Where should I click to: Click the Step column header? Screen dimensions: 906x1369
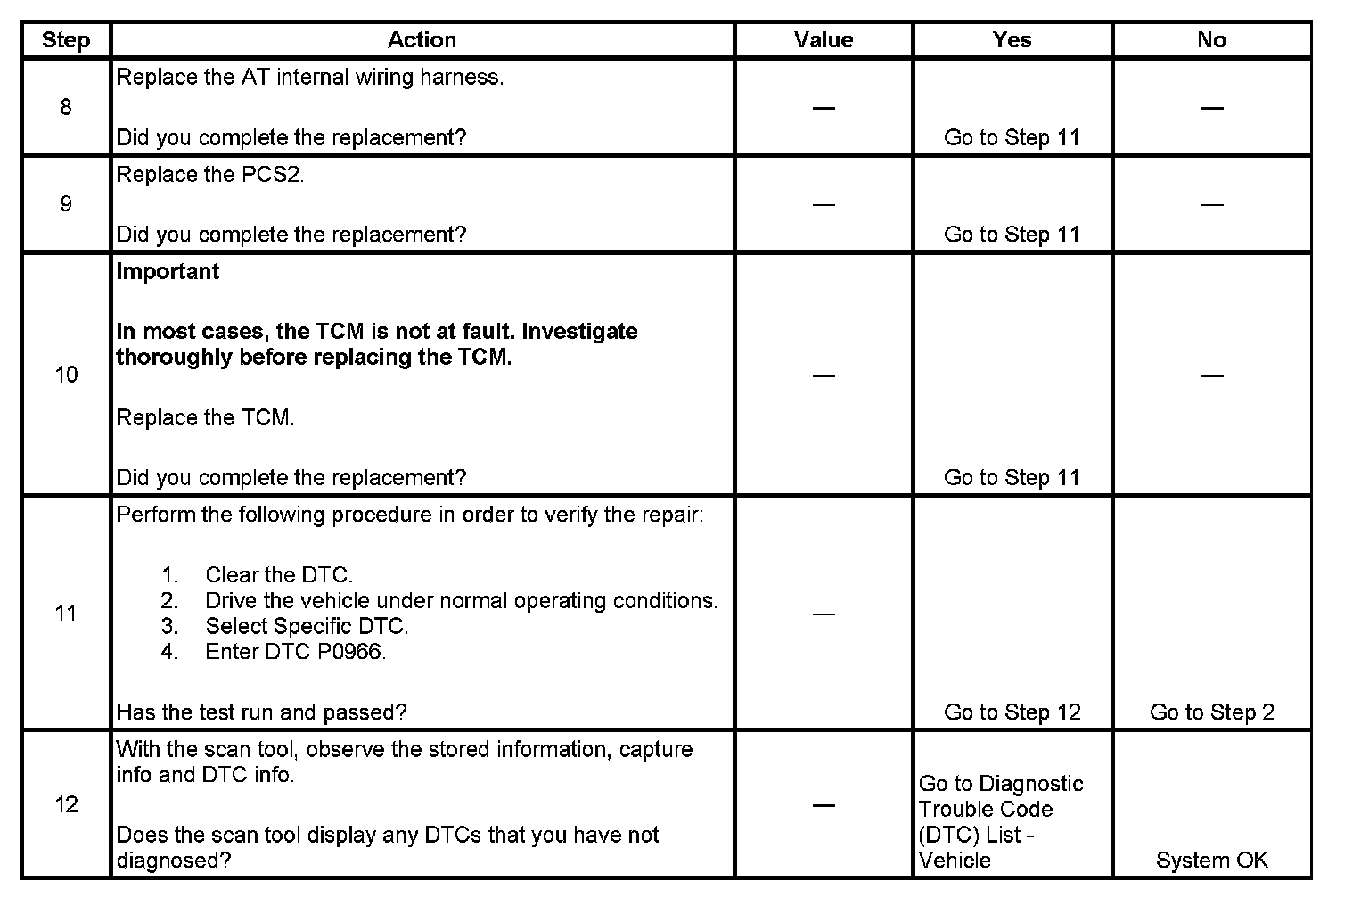pos(66,40)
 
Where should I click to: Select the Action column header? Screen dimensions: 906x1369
pos(422,40)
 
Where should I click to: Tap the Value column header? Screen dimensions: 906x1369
pos(824,40)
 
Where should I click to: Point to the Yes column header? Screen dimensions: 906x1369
pos(1012,40)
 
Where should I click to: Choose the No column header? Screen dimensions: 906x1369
pos(1211,40)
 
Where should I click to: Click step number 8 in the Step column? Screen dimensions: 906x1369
pos(66,108)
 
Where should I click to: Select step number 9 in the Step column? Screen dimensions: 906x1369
pos(66,204)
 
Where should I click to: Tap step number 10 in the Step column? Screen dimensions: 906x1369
pos(66,375)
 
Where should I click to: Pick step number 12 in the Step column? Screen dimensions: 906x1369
pos(66,804)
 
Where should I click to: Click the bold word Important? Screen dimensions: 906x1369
pos(168,271)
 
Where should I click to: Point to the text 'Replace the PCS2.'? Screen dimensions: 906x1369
pos(210,175)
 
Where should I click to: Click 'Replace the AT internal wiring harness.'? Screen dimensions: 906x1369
pos(310,78)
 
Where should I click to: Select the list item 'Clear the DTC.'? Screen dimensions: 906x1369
pos(279,575)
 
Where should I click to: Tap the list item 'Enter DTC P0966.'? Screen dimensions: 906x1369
pos(296,652)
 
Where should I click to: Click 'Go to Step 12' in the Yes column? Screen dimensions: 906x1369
pos(1012,712)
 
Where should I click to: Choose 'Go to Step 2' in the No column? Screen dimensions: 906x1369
pos(1211,712)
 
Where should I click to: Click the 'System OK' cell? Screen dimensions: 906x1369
pos(1211,861)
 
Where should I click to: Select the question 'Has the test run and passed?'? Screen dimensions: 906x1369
pos(262,712)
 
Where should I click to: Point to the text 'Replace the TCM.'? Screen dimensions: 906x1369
pos(206,417)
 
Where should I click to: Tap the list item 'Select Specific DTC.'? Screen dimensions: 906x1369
pos(307,626)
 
